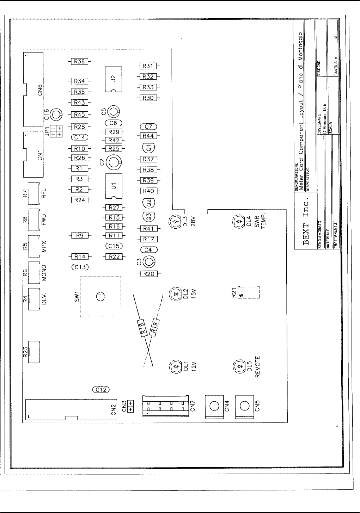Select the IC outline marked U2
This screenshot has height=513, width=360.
pyautogui.click(x=113, y=79)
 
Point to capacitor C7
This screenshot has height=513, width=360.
pyautogui.click(x=148, y=127)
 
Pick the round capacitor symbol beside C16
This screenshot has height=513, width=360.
pyautogui.click(x=56, y=114)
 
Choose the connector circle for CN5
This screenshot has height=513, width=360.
pyautogui.click(x=244, y=406)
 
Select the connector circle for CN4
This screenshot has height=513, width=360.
pyautogui.click(x=214, y=406)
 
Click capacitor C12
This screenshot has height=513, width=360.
pyautogui.click(x=101, y=390)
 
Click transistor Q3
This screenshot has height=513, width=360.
pyautogui.click(x=148, y=216)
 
